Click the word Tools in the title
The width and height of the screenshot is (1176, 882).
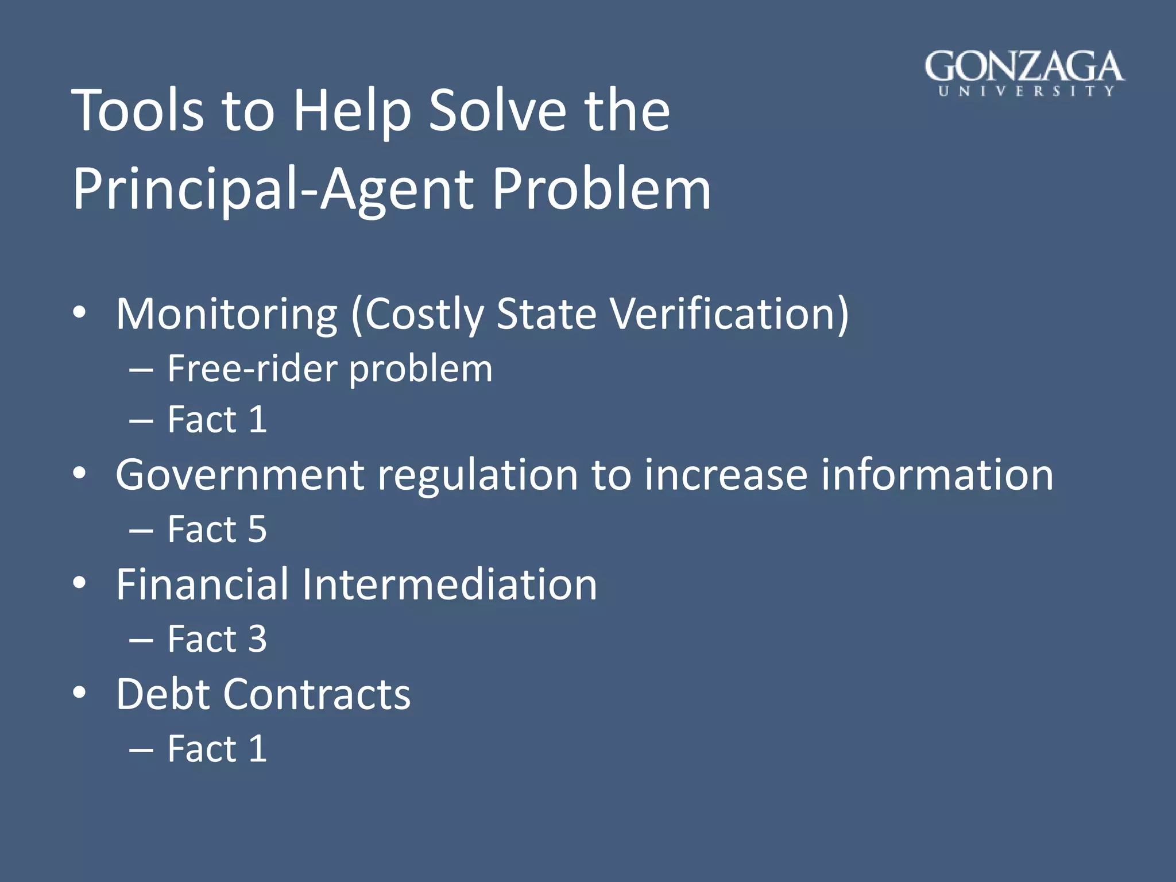tap(138, 110)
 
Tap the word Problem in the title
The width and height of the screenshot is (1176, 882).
tap(601, 189)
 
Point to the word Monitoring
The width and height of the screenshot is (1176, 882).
tap(227, 314)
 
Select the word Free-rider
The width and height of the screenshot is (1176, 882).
tap(252, 369)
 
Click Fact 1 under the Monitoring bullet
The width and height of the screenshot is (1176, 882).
tap(217, 420)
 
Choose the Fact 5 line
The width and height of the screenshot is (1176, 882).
tap(217, 529)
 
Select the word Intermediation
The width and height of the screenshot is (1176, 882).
tap(449, 585)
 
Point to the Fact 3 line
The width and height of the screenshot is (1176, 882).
tap(217, 639)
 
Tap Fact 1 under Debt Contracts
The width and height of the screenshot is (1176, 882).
tap(217, 749)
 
